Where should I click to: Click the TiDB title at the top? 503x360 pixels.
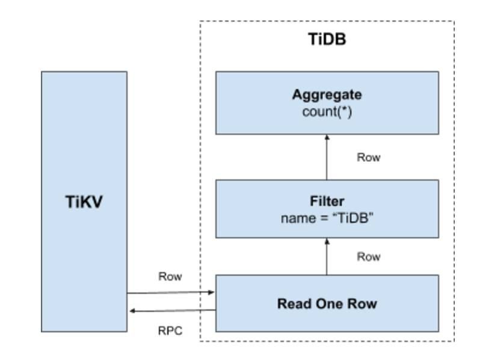pos(327,39)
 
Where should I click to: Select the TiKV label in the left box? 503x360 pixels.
pos(84,202)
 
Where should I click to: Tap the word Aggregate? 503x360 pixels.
pos(327,95)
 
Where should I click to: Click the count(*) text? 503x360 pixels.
pos(327,111)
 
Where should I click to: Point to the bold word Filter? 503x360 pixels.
pos(327,201)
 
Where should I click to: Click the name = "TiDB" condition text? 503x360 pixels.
pos(327,218)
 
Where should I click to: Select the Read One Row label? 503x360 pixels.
pos(327,303)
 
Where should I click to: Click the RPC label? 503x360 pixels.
pos(170,331)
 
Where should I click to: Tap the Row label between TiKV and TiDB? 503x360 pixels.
pos(170,276)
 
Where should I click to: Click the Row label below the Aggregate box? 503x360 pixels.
pos(369,157)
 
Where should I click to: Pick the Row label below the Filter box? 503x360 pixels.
pos(369,256)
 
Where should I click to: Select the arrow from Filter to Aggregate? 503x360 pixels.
pos(327,157)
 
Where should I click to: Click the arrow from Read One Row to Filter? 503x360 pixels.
pos(327,256)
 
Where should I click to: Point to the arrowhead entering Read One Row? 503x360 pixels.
pos(212,292)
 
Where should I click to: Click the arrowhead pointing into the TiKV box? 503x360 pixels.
pos(132,311)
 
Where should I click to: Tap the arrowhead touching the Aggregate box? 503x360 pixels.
pos(327,137)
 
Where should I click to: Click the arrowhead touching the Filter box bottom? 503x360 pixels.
pos(327,241)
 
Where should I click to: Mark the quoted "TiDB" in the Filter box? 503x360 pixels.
pos(353,218)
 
